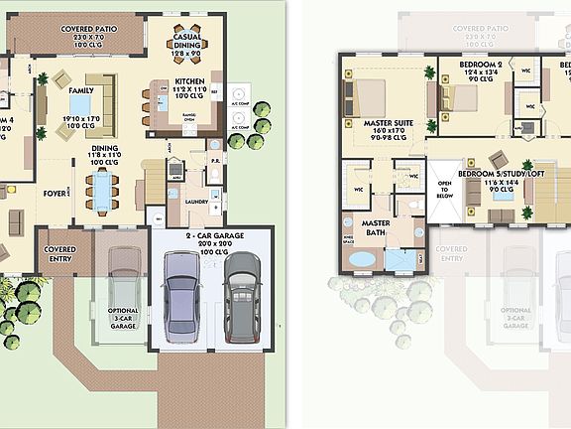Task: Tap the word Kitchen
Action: point(189,81)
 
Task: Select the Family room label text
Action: point(67,76)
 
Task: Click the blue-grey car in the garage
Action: point(181,295)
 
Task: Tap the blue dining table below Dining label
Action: point(102,187)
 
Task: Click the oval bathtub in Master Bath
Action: point(361,259)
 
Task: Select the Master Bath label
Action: point(374,229)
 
